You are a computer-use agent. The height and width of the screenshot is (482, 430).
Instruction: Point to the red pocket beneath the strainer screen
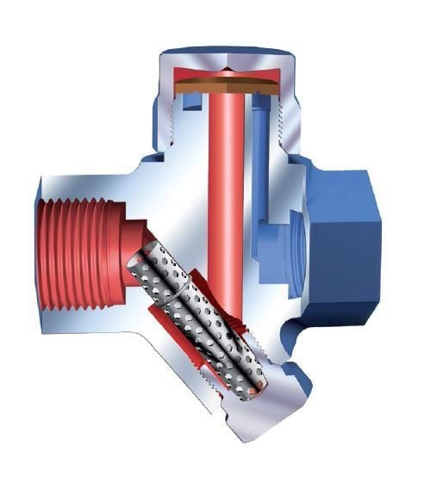(185, 336)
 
